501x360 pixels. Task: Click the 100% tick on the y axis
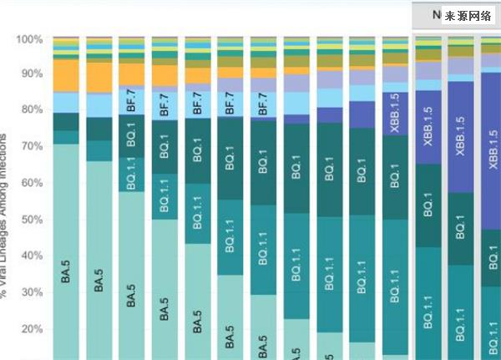point(30,39)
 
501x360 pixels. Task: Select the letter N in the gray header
point(436,14)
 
